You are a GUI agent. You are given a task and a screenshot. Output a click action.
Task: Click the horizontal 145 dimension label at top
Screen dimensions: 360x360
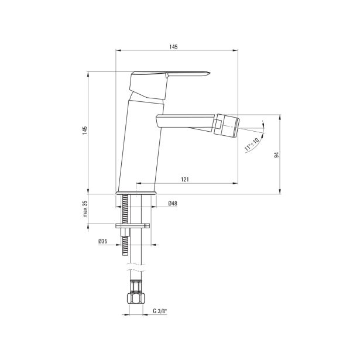coord(174,47)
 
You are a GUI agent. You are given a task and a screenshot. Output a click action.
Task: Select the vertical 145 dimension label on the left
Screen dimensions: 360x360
coord(85,130)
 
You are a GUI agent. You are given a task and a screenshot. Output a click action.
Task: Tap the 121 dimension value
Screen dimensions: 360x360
coord(185,179)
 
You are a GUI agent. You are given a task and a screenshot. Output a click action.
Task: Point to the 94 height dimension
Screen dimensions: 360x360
coord(277,155)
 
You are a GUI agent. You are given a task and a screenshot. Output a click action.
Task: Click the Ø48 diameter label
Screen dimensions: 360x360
coord(173,203)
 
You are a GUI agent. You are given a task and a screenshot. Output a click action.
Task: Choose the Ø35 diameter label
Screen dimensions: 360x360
coord(103,241)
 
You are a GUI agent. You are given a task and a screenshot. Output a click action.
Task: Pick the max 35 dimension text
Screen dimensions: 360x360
coord(85,209)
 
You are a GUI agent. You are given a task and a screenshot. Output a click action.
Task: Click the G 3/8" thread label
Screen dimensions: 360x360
coord(160,311)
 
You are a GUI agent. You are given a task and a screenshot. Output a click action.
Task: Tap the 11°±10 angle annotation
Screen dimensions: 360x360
coord(251,145)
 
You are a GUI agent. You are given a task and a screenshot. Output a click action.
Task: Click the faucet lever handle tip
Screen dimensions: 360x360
coord(210,73)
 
